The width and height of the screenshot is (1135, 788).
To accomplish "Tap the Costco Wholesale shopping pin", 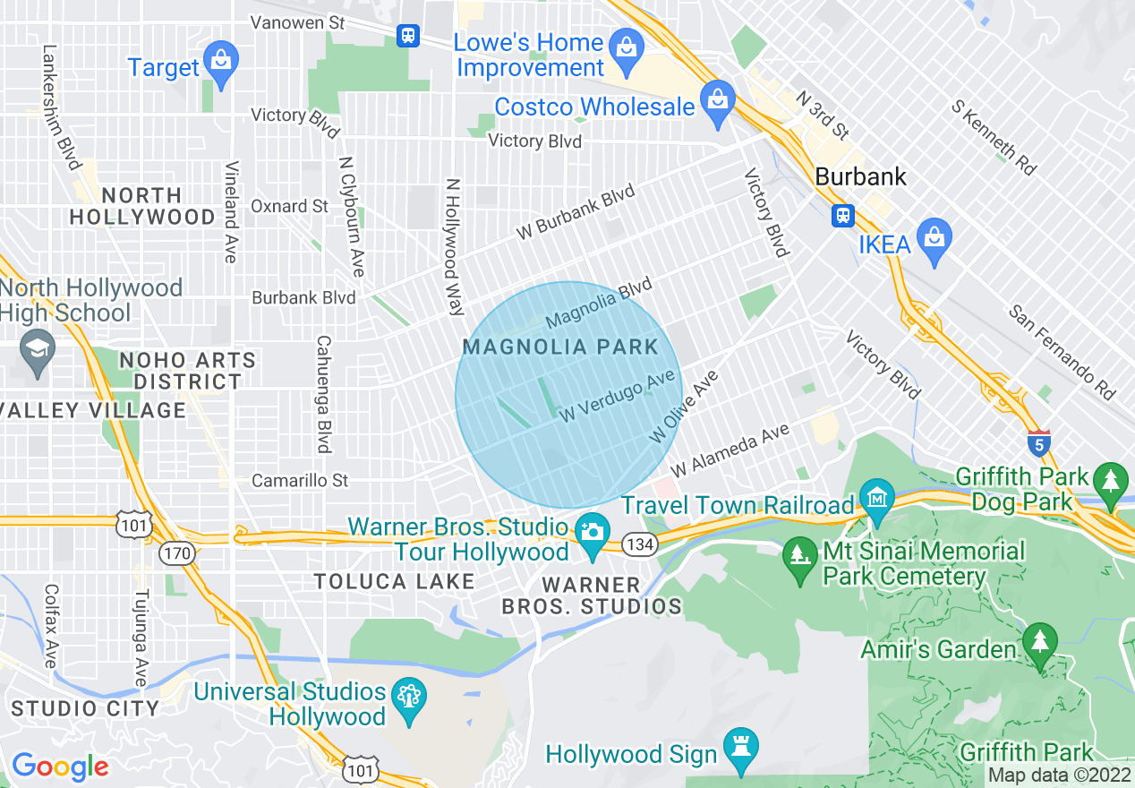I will (717, 102).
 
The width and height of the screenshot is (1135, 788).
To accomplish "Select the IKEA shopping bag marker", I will (934, 238).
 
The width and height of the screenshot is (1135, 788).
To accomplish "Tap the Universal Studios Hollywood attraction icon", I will (407, 698).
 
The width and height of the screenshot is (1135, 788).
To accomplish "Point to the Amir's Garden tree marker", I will (1039, 644).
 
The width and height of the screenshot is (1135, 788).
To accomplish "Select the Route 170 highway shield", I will (177, 553).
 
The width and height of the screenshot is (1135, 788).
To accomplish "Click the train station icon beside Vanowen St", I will (408, 35).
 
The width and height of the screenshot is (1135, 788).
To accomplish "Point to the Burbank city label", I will (860, 176).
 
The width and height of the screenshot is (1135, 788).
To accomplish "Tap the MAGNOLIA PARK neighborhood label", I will (560, 347).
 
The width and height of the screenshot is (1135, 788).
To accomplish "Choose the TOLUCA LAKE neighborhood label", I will (394, 582).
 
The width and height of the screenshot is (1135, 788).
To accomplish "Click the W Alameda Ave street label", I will (730, 450).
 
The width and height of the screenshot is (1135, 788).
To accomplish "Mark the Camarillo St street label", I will (300, 481).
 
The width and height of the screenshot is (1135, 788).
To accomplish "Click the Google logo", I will (60, 767).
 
